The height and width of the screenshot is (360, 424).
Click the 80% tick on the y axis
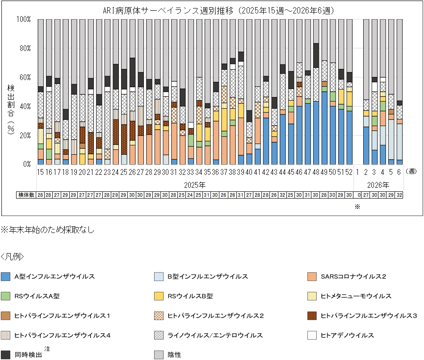click(24, 48)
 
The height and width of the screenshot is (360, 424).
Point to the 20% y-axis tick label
click(24, 135)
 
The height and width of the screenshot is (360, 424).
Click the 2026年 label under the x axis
click(379, 184)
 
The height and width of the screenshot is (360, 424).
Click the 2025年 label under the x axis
click(195, 184)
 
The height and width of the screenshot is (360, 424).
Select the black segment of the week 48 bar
click(316, 55)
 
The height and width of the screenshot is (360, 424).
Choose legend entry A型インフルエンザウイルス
click(54, 276)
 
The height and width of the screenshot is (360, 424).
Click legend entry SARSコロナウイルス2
click(353, 276)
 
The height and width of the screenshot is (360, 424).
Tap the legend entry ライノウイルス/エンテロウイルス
click(214, 335)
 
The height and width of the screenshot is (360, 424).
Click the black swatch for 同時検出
click(6, 355)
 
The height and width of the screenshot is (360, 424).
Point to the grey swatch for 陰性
click(159, 355)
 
